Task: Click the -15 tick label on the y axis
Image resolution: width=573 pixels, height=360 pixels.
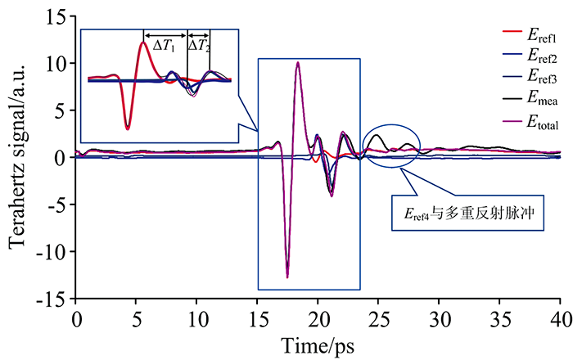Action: click(x=55, y=299)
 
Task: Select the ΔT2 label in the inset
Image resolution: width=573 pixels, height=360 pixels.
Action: click(x=199, y=46)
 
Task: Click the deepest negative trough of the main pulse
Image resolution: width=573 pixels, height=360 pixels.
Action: click(x=287, y=277)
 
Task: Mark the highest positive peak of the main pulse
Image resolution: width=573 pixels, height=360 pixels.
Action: click(x=298, y=63)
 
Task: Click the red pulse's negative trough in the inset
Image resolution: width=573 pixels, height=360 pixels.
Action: click(x=127, y=128)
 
